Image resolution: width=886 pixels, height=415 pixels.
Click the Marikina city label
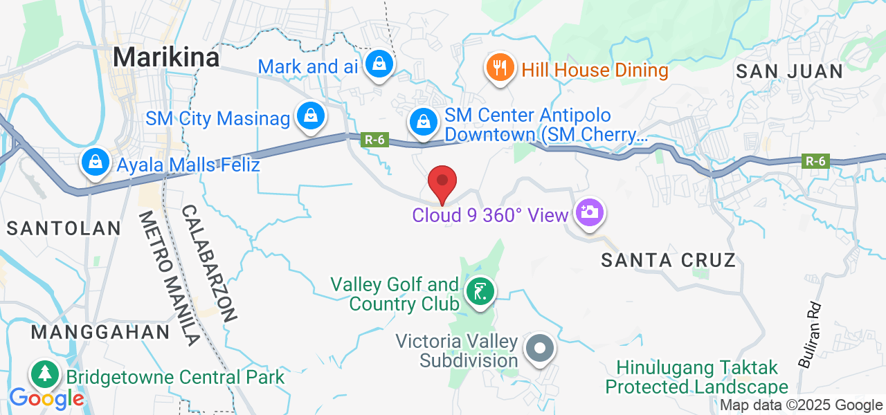pyautogui.click(x=166, y=57)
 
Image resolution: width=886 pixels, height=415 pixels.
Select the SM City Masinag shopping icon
pyautogui.click(x=311, y=117)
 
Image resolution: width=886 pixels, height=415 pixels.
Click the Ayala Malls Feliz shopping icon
pyautogui.click(x=93, y=163)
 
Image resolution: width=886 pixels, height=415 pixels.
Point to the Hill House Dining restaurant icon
pyautogui.click(x=498, y=68)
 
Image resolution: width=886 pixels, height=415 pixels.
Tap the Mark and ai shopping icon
pyautogui.click(x=379, y=64)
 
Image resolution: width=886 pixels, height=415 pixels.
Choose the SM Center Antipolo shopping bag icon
pyautogui.click(x=422, y=122)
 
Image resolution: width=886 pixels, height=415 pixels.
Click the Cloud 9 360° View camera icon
pyautogui.click(x=589, y=212)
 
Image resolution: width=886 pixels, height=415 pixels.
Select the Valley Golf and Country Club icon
pyautogui.click(x=480, y=291)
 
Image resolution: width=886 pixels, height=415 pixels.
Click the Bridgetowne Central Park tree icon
pyautogui.click(x=45, y=374)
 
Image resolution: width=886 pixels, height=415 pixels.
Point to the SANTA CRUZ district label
pyautogui.click(x=668, y=260)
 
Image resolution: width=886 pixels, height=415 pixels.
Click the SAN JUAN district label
pyautogui.click(x=789, y=71)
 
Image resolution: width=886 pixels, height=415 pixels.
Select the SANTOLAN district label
pyautogui.click(x=64, y=228)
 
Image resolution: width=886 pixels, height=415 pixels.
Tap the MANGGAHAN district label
pyautogui.click(x=100, y=332)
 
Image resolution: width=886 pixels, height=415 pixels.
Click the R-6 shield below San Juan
pyautogui.click(x=814, y=161)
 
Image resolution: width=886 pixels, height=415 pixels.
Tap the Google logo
pyautogui.click(x=46, y=398)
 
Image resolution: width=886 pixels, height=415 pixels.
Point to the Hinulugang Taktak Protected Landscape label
pyautogui.click(x=697, y=377)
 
